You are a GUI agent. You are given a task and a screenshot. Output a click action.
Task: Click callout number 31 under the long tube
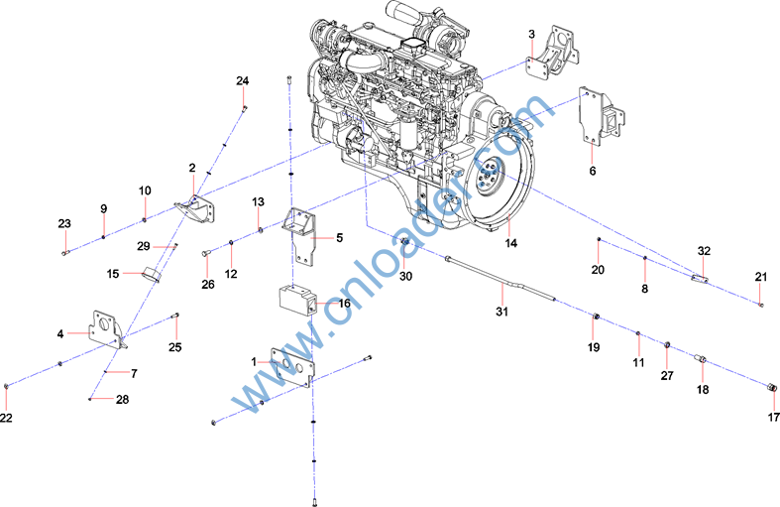click(501, 312)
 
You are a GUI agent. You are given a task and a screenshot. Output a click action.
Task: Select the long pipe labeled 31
click(501, 279)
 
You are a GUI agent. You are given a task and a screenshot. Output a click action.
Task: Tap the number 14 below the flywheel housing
click(510, 243)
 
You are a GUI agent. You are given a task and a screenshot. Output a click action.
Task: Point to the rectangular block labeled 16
click(297, 300)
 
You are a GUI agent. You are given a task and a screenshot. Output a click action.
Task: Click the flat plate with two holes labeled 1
click(292, 368)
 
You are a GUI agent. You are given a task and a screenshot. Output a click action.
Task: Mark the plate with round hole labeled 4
click(106, 329)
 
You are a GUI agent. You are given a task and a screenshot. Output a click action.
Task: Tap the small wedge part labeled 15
click(151, 275)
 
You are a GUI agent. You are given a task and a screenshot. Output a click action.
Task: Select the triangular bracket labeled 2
click(196, 210)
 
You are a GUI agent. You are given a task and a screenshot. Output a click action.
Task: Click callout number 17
click(773, 417)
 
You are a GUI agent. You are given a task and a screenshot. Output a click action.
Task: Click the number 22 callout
click(6, 418)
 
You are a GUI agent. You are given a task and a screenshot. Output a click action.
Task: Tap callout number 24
click(242, 80)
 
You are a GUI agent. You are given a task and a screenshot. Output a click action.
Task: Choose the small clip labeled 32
click(700, 278)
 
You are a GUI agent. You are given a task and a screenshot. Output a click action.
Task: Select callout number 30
click(406, 276)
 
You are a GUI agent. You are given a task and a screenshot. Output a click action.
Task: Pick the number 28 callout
click(122, 400)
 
